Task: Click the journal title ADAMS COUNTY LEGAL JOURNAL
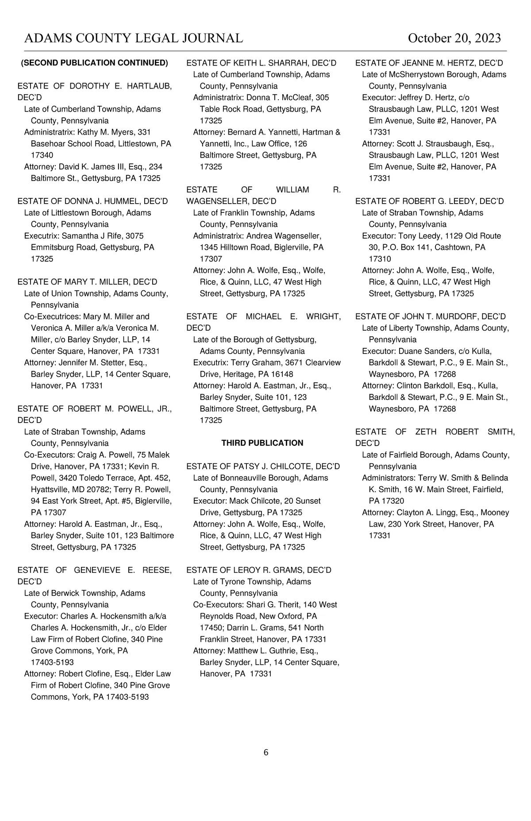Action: point(133,39)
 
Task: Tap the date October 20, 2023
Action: point(454,39)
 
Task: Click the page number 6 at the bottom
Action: point(266,752)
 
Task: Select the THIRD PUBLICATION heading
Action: point(262,443)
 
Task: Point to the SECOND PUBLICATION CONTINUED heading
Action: point(95,63)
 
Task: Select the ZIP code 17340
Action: point(42,155)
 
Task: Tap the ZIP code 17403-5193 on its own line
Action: point(52,663)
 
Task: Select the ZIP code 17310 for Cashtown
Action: point(380,259)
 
